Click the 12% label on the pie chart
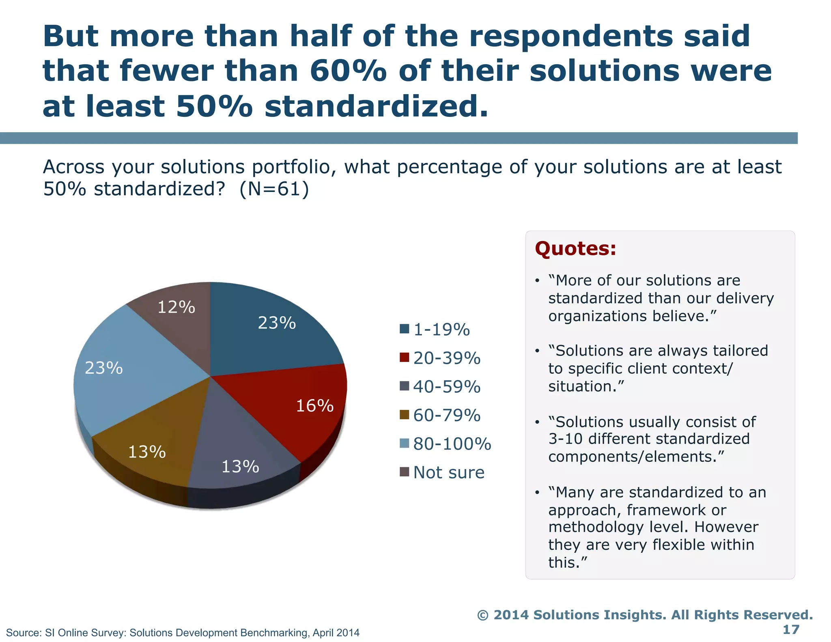tap(176, 307)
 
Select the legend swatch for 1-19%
tap(404, 329)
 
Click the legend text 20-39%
tap(447, 358)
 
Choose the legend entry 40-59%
tap(447, 386)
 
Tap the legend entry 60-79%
tap(447, 415)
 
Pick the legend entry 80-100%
tap(452, 444)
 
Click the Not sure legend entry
tap(449, 472)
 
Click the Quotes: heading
tap(575, 248)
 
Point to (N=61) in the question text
tap(274, 189)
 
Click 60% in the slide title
tap(348, 71)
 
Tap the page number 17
tap(790, 629)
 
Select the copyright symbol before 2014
tap(482, 615)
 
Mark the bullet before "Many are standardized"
tap(537, 493)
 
